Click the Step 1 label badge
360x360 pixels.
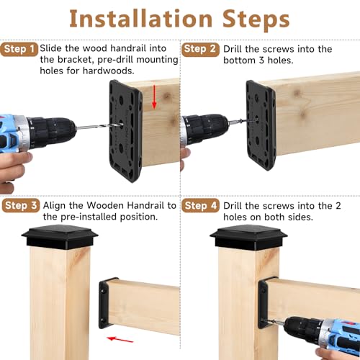pyautogui.click(x=20, y=49)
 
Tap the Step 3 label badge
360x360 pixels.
pyautogui.click(x=20, y=206)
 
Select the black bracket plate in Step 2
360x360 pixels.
pyautogui.click(x=261, y=122)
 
